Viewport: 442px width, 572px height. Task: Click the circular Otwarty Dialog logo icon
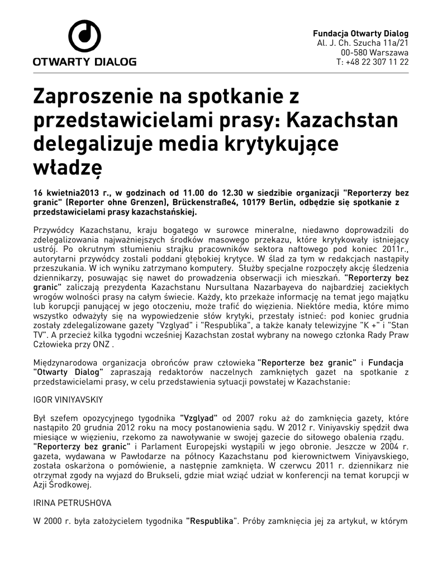pyautogui.click(x=84, y=37)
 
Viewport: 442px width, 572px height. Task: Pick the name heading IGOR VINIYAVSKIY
pyautogui.click(x=70, y=401)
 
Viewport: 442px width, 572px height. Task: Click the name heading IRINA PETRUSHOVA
pyautogui.click(x=73, y=503)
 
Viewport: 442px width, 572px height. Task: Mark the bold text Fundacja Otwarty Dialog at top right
pyautogui.click(x=360, y=33)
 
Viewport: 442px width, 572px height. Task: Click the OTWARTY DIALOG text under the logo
pyautogui.click(x=84, y=61)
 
